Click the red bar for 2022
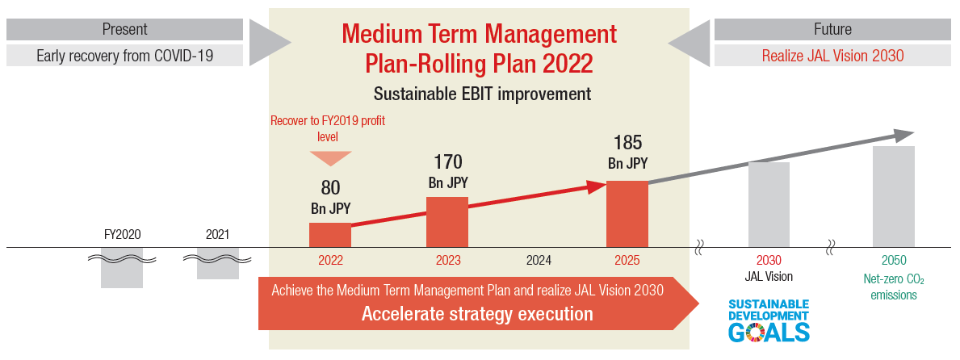point(330,235)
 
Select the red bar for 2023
point(447,222)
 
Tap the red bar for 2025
point(627,214)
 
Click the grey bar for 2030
point(769,205)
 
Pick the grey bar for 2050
point(893,196)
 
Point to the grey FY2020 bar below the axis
point(122,267)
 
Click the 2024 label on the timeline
point(539,261)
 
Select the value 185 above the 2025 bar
point(627,143)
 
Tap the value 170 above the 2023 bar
point(448,162)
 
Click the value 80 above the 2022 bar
point(330,187)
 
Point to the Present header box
point(125,29)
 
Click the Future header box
point(832,29)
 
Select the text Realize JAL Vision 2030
point(832,57)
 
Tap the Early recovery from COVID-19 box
point(125,57)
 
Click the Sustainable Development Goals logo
point(769,320)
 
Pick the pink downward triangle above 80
point(330,157)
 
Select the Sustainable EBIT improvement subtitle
point(483,94)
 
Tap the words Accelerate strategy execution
point(477,314)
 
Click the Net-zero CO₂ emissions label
point(894,287)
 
